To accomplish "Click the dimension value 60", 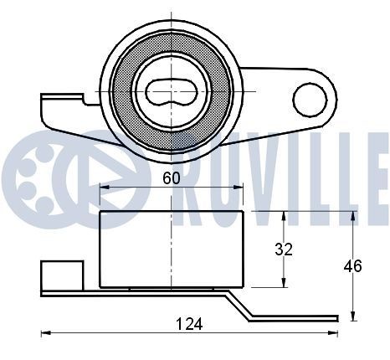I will pos(171,177).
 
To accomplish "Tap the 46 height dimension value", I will pos(353,266).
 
